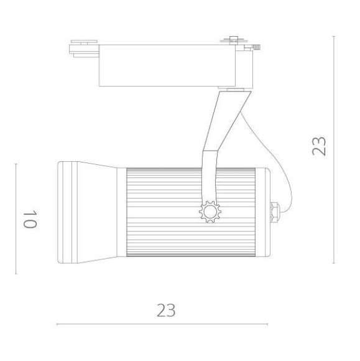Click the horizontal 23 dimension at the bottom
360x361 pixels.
tap(165, 310)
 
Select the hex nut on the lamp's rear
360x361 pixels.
tap(275, 211)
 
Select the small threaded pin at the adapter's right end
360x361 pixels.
tap(256, 45)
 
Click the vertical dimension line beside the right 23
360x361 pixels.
tap(335, 149)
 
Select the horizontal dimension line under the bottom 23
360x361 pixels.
tap(162, 324)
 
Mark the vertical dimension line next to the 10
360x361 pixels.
tap(16, 218)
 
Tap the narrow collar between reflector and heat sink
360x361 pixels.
tap(121, 212)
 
